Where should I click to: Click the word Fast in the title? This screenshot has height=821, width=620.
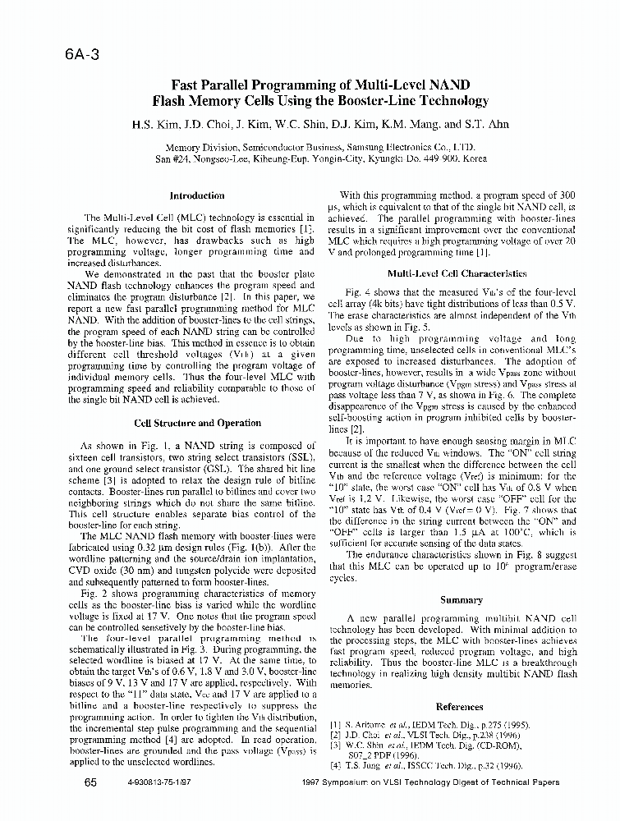pos(186,85)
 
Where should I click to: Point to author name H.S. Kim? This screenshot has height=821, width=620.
pos(153,126)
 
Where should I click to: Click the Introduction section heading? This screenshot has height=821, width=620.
pos(196,195)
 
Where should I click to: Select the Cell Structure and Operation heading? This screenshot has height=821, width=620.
pos(196,423)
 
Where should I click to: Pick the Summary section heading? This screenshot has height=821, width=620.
pos(460,600)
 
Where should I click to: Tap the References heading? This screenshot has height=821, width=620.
pos(459,706)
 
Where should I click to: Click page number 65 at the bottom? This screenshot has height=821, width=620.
pos(91,782)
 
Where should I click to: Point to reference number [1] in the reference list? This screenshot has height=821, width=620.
pos(334,725)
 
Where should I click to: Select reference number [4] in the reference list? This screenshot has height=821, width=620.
pos(334,765)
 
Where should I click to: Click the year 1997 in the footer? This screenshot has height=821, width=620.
pos(315,783)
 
